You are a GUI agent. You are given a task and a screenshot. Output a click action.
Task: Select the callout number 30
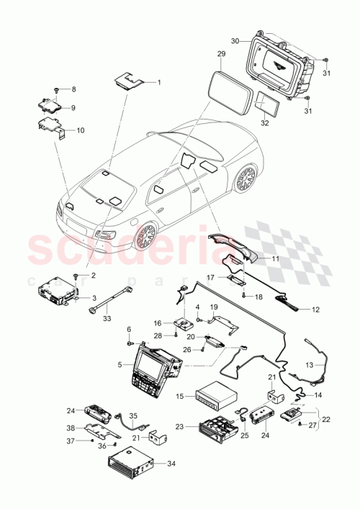[x=235, y=40]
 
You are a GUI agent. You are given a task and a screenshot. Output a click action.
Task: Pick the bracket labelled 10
[x=52, y=130]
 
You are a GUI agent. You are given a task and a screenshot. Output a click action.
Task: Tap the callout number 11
[x=274, y=257]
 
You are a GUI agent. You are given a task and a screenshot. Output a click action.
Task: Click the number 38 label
[x=71, y=427]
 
